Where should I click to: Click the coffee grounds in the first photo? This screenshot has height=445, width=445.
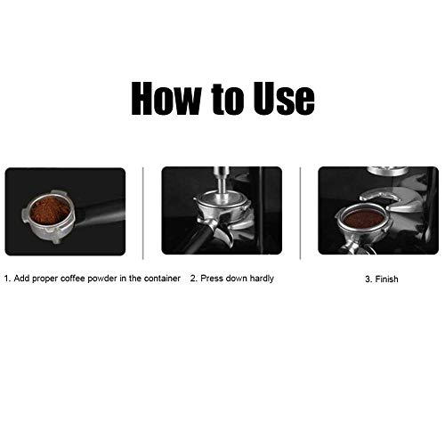pyautogui.click(x=51, y=210)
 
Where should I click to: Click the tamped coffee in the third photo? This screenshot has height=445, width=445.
pyautogui.click(x=363, y=218)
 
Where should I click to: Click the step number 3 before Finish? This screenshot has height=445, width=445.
pyautogui.click(x=367, y=279)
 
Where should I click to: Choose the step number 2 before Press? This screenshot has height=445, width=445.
pyautogui.click(x=193, y=279)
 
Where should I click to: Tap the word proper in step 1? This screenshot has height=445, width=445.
pyautogui.click(x=46, y=279)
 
